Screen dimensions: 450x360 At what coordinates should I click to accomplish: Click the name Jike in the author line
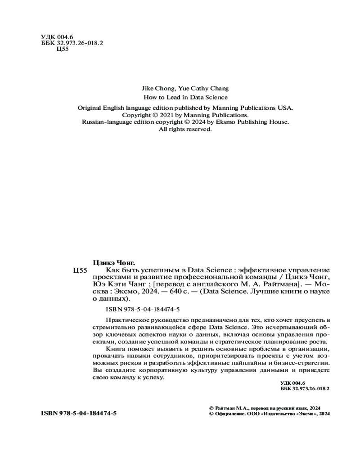(148, 89)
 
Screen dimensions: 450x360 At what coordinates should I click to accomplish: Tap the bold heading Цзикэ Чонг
(114, 262)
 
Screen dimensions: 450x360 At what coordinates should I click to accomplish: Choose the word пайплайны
(247, 363)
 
